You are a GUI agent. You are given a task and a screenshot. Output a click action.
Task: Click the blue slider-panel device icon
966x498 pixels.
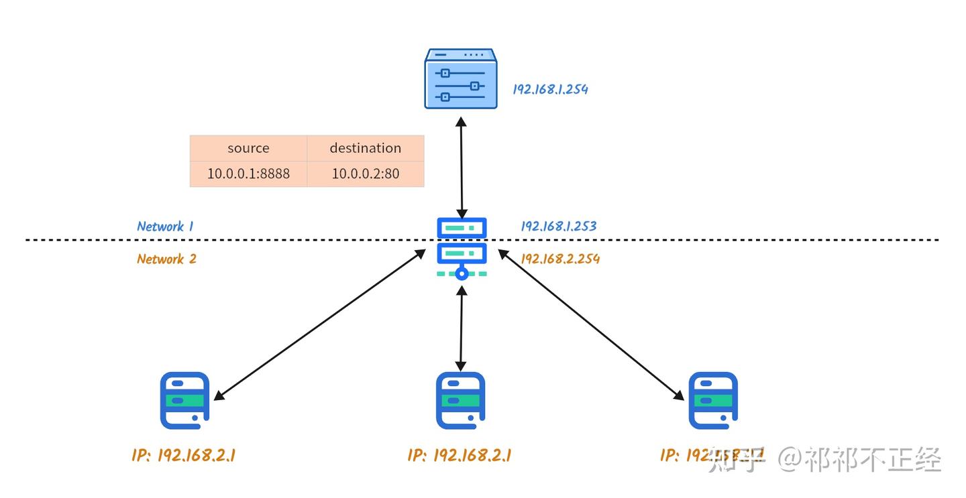(461, 79)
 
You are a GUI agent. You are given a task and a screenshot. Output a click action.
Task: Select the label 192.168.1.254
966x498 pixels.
(550, 89)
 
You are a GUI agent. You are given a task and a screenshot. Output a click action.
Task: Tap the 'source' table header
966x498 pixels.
(248, 148)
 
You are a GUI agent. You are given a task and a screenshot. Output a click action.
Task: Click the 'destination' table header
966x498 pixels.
(366, 148)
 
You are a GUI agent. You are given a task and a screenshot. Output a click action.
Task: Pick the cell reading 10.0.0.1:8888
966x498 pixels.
(248, 174)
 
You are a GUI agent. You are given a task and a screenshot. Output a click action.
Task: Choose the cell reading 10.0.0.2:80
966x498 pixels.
(366, 174)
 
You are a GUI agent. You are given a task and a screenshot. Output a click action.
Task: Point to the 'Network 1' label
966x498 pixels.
(165, 227)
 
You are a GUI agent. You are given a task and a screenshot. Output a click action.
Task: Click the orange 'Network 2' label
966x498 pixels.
(166, 259)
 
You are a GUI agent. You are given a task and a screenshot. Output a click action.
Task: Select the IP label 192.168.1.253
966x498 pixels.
(558, 227)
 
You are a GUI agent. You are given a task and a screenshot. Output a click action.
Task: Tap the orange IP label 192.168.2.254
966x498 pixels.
(560, 259)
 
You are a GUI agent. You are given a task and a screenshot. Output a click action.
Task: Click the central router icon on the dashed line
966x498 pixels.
(462, 245)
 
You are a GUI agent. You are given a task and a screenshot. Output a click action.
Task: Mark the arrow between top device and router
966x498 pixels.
(461, 165)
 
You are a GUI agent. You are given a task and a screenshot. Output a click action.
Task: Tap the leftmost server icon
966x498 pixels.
(184, 400)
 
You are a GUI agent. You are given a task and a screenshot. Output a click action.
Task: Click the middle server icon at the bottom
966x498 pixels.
(460, 400)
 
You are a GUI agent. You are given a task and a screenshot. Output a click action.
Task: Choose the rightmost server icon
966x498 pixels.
(713, 400)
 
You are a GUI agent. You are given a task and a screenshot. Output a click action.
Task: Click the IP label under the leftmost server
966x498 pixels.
(183, 456)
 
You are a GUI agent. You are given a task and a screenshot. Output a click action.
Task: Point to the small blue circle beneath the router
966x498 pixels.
(462, 273)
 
